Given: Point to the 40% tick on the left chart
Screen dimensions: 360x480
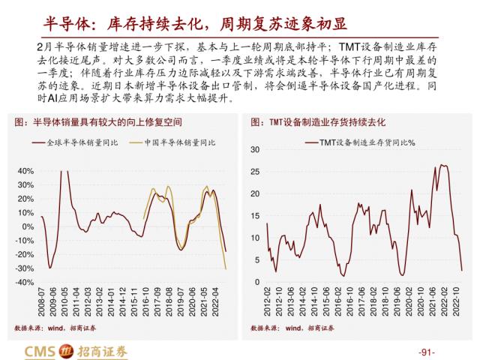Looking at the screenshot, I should tap(25, 171).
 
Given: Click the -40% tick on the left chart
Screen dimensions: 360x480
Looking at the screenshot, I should tap(23, 282).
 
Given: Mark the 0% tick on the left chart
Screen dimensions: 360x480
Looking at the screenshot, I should tap(28, 226).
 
